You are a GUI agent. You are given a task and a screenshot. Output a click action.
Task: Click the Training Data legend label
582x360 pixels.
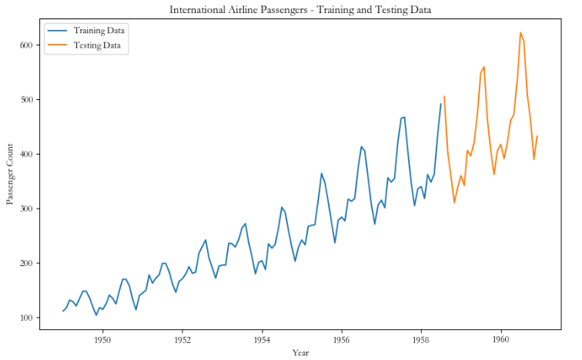[x=99, y=30]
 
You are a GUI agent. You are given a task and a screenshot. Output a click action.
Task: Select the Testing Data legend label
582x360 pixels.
[x=97, y=45]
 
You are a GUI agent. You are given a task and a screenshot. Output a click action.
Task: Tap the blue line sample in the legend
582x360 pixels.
[x=56, y=30]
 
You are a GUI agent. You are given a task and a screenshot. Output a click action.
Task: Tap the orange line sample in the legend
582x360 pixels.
[x=56, y=45]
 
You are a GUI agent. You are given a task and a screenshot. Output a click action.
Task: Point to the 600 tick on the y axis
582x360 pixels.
[x=28, y=45]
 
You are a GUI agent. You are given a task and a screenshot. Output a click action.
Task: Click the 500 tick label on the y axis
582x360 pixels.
[x=28, y=100]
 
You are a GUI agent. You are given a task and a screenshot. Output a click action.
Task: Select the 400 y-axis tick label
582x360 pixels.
[x=28, y=155]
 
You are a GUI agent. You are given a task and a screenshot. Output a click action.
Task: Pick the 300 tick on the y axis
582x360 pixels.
[x=28, y=208]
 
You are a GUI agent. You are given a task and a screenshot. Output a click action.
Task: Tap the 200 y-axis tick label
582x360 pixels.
[x=28, y=263]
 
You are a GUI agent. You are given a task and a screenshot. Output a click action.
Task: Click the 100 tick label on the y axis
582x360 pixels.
[x=28, y=318]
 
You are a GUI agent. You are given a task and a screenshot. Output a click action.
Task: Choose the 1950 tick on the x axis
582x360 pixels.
[x=102, y=338]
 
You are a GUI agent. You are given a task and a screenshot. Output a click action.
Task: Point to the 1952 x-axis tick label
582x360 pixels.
[x=182, y=338]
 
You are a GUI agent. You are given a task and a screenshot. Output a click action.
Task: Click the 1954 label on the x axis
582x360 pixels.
[x=262, y=338]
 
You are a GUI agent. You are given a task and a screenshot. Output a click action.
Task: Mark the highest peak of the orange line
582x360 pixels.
[x=520, y=32]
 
